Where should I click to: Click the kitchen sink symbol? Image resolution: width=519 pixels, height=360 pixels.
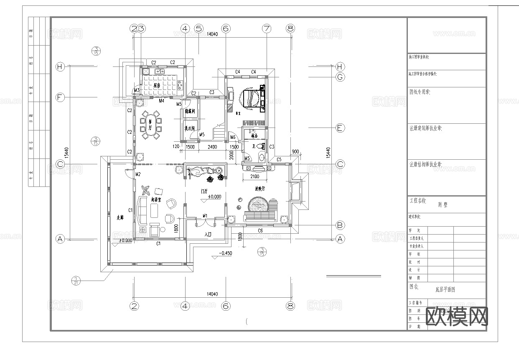(x=159, y=71)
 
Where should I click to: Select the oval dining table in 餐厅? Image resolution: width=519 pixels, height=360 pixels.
(x=159, y=124)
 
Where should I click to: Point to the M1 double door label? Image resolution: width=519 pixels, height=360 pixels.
(x=205, y=216)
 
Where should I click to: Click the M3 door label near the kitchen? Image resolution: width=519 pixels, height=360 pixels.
(x=136, y=90)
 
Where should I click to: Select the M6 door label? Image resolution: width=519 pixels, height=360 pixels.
(x=232, y=138)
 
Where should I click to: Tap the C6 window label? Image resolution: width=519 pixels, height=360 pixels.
(x=260, y=230)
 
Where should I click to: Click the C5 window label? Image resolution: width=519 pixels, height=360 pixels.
(x=279, y=159)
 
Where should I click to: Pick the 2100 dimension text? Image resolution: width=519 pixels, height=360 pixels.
(x=254, y=177)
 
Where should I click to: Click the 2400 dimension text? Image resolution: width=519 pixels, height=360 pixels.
(x=212, y=147)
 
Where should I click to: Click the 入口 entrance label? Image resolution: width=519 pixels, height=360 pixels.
(x=209, y=235)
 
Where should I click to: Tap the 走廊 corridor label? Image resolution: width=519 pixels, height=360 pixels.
(x=120, y=217)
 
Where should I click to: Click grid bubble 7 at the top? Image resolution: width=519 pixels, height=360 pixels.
(x=267, y=28)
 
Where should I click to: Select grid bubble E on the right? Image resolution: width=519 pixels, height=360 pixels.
(x=340, y=128)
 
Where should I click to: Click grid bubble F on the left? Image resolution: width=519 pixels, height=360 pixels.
(x=60, y=97)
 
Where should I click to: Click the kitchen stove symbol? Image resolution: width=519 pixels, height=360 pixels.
(x=180, y=85)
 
